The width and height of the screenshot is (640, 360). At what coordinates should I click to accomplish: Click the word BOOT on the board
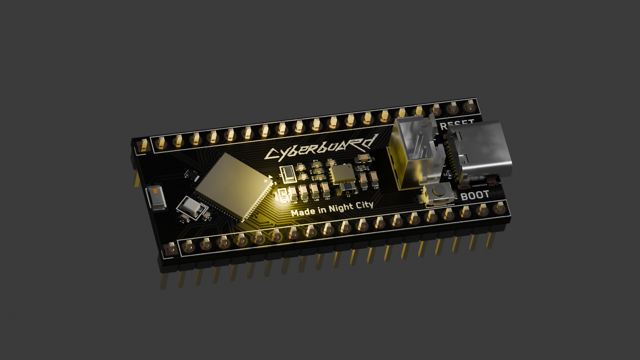(x=475, y=195)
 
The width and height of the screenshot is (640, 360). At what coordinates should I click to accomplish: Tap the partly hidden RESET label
(x=457, y=125)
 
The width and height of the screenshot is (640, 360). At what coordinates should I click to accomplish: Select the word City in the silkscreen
(x=364, y=206)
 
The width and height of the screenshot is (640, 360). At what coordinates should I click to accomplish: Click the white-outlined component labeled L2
(x=288, y=174)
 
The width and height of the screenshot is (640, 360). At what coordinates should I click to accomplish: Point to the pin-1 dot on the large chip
(x=266, y=181)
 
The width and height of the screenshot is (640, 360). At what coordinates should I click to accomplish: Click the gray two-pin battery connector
(x=413, y=150)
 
